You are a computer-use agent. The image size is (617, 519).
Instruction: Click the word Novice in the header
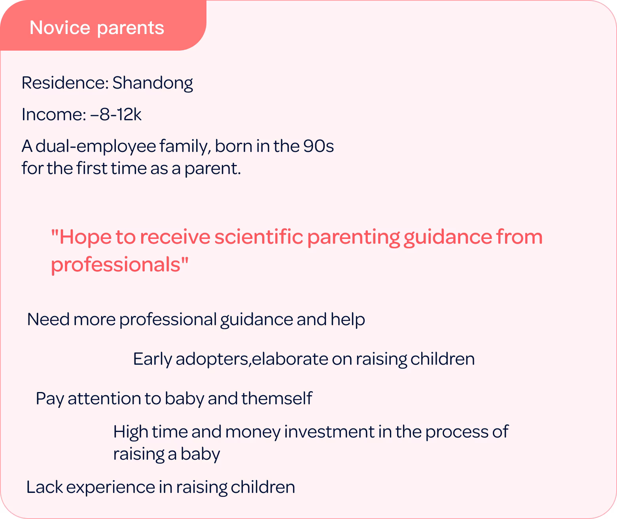[x=60, y=28]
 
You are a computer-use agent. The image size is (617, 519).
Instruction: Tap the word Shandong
[x=153, y=83]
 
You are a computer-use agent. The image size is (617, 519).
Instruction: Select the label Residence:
[x=65, y=83]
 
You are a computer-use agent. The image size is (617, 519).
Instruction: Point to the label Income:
[x=54, y=115]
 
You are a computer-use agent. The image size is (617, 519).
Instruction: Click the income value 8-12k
[x=120, y=115]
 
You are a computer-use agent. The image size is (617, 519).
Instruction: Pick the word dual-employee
[x=95, y=147]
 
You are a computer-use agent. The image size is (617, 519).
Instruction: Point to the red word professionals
[x=115, y=265]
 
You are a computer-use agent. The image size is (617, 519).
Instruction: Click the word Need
[x=48, y=320]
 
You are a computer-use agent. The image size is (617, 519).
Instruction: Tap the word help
[x=348, y=320]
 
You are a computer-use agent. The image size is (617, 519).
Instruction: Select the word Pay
[x=50, y=399]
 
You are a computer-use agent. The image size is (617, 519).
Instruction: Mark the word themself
[x=276, y=398]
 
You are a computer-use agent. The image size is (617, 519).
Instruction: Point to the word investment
[x=329, y=432]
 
